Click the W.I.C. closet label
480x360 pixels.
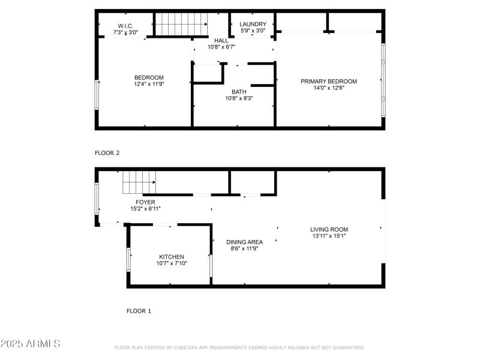tap(126, 25)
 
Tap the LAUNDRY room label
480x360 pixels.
tap(253, 24)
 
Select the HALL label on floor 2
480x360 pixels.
tap(221, 40)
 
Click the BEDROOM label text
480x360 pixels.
tap(149, 77)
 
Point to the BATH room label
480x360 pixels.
tap(239, 92)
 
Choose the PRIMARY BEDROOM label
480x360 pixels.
tap(329, 82)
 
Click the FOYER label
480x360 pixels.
tap(145, 202)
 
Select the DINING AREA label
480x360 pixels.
tap(244, 242)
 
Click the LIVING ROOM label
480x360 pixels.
tap(329, 229)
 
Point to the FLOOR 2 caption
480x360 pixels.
tap(107, 153)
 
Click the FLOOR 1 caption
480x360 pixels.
tap(139, 311)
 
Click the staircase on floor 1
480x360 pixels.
tap(139, 181)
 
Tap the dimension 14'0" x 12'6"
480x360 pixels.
tap(329, 89)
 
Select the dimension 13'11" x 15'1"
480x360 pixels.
tap(329, 236)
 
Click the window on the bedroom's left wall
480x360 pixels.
tap(97, 95)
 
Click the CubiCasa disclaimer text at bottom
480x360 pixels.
tap(239, 347)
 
